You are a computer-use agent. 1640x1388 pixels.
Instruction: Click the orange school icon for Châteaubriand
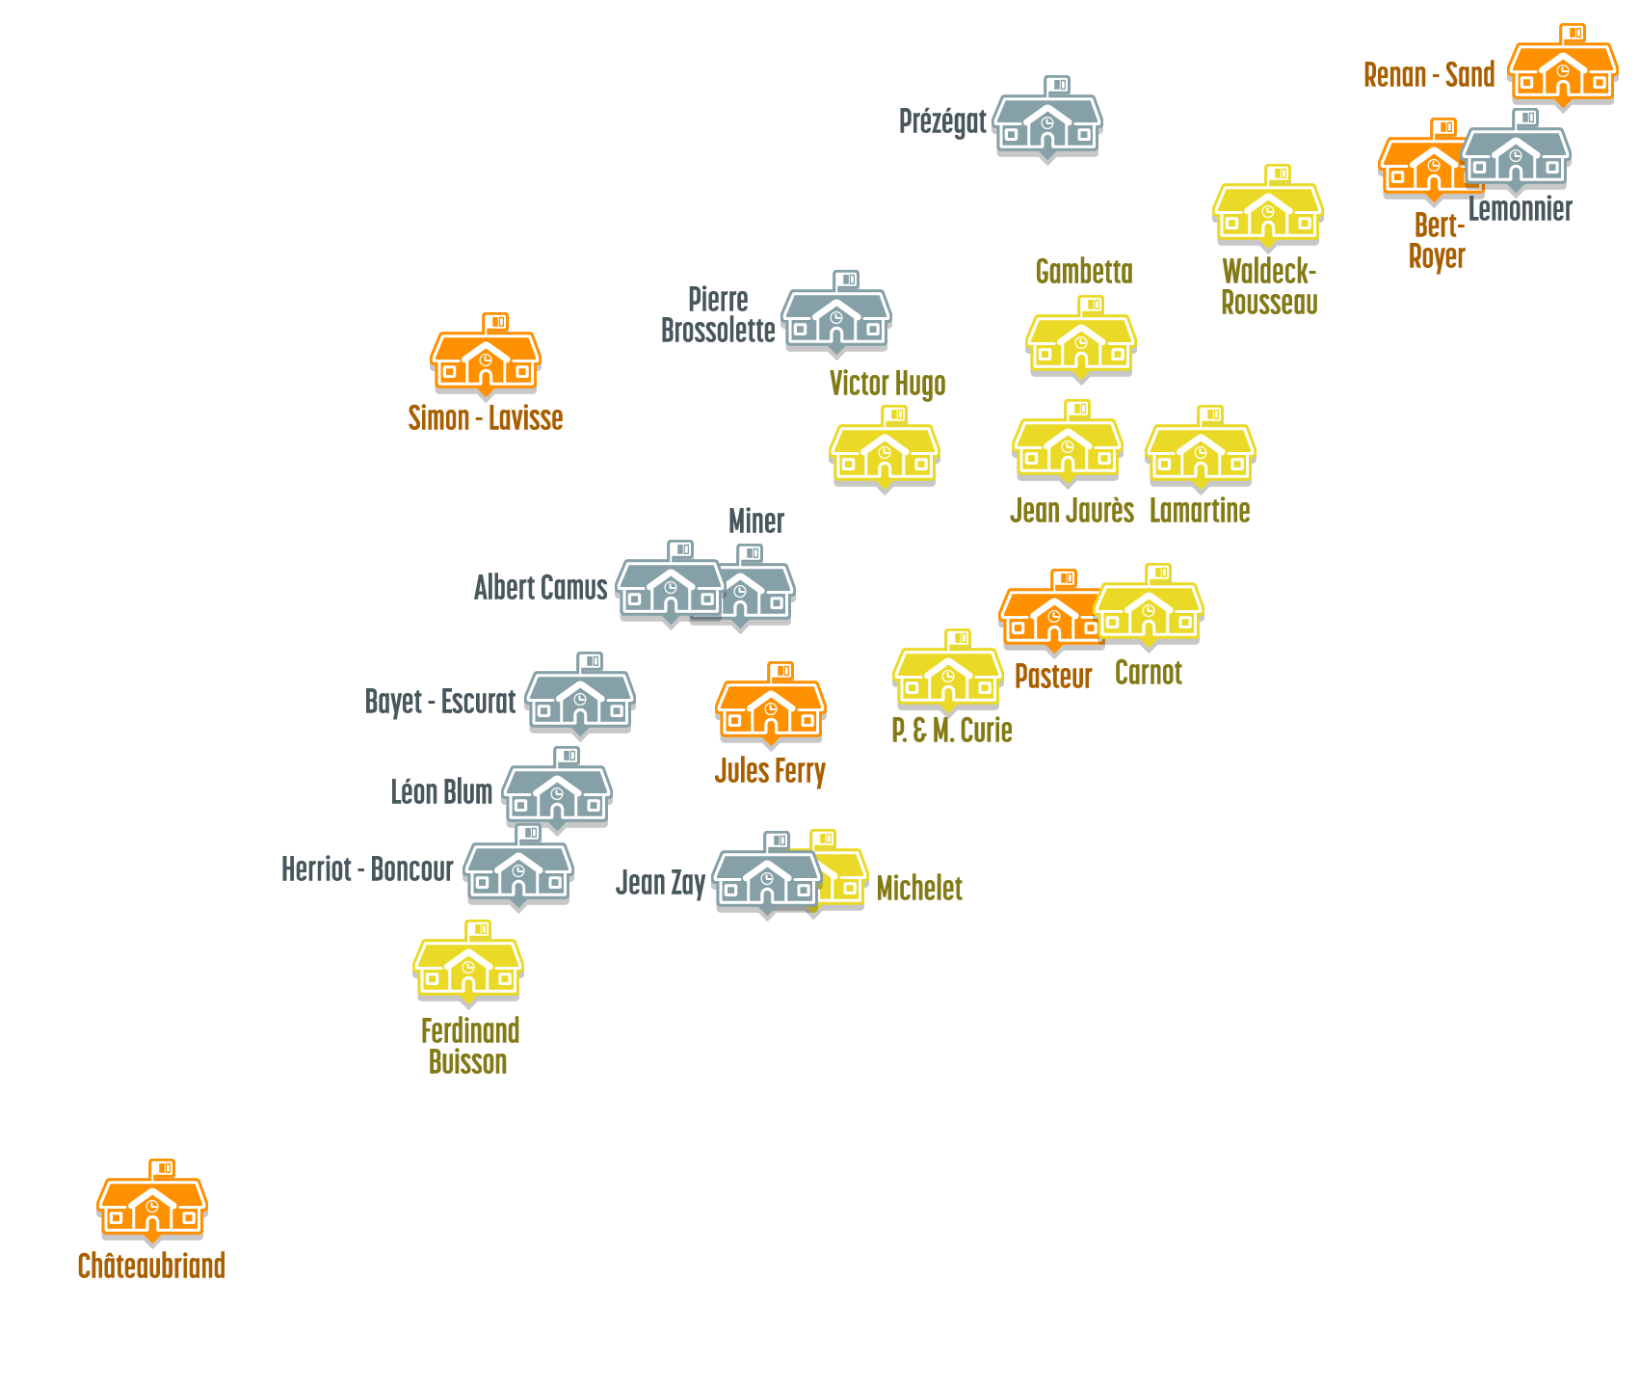coord(152,1206)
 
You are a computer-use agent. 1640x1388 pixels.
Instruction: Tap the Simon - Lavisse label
coord(485,418)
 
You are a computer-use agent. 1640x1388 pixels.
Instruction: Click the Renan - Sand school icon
coord(1562,72)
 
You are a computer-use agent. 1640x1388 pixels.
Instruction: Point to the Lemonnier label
coord(1521,209)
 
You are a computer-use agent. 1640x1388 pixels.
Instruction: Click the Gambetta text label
coord(1084,272)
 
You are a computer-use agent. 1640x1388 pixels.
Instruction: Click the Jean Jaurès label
coord(1071,511)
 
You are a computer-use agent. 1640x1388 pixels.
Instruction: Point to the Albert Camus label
coord(541,588)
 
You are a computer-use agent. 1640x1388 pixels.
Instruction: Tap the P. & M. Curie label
coord(951,731)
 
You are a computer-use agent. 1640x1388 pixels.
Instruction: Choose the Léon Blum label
coord(441,793)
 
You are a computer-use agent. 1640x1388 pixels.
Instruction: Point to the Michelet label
coord(919,889)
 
